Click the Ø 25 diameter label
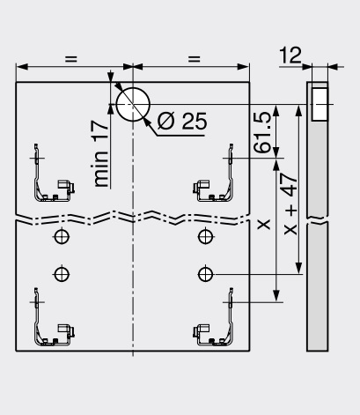tap(182, 121)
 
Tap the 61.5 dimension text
tap(262, 132)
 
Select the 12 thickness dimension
tap(290, 55)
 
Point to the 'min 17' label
tap(100, 153)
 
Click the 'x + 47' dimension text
tap(290, 204)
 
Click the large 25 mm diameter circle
tap(133, 104)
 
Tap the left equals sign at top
tap(71, 59)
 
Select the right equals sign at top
tap(195, 59)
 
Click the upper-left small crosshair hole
tap(62, 236)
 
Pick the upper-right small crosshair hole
tap(205, 236)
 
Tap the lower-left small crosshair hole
tap(62, 274)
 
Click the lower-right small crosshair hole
tap(205, 274)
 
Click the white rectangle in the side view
tap(320, 104)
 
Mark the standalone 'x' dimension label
tap(264, 225)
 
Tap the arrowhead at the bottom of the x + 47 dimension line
tap(298, 268)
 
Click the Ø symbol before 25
tap(166, 121)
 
